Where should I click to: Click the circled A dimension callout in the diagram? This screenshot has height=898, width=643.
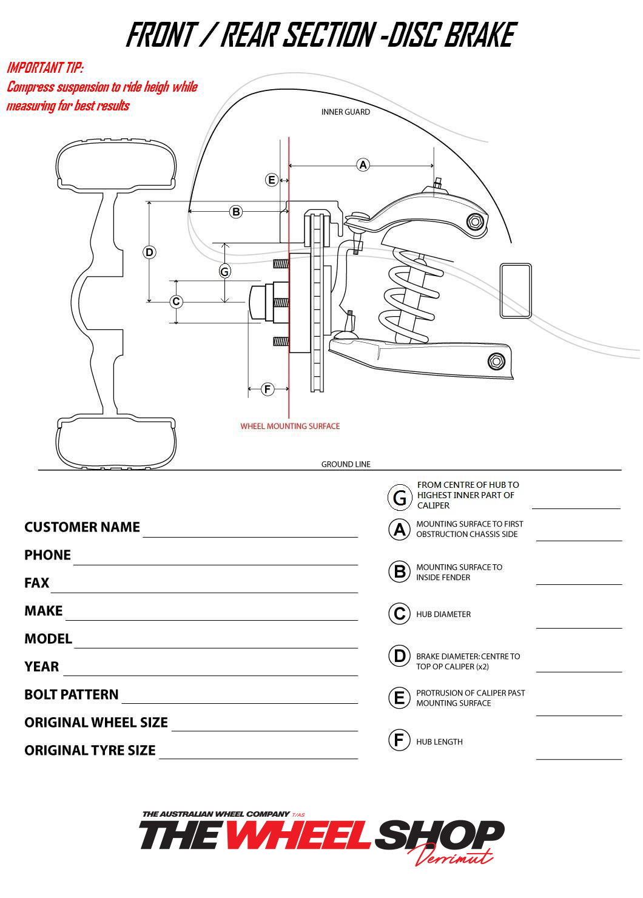[x=363, y=165]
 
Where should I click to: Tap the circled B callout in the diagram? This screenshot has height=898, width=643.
[x=236, y=212]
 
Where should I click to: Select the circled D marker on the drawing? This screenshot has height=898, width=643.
[x=149, y=252]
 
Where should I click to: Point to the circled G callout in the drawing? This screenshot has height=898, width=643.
[x=225, y=272]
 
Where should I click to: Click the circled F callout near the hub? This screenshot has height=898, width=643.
[x=268, y=389]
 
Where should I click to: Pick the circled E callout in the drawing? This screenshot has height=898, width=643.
[x=272, y=180]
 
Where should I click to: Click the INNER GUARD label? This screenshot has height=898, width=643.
[x=346, y=112]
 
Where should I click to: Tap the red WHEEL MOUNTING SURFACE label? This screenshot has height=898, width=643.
[x=290, y=426]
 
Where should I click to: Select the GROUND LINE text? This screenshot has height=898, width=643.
[x=346, y=464]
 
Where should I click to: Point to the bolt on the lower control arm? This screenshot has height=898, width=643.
[x=496, y=361]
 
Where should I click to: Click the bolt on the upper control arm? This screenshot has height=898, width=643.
[x=476, y=221]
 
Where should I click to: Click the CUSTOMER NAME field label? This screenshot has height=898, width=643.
[x=82, y=527]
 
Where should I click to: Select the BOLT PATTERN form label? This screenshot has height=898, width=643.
[x=72, y=694]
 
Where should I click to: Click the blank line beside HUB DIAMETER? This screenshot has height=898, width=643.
[x=579, y=628]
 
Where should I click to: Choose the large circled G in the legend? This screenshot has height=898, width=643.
[x=400, y=498]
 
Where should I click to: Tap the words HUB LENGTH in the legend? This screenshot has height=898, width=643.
[x=439, y=741]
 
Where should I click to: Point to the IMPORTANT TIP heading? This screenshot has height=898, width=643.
[x=45, y=67]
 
